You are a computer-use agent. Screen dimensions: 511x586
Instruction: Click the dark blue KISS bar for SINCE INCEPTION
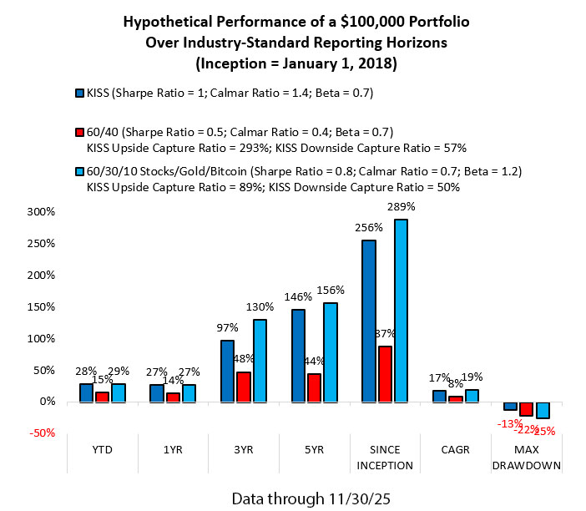(x=368, y=321)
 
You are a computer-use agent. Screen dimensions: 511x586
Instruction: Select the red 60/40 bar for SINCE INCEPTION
(x=385, y=374)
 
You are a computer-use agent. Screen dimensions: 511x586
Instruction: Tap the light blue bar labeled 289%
(x=401, y=311)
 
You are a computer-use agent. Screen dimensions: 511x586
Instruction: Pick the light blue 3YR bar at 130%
(x=260, y=361)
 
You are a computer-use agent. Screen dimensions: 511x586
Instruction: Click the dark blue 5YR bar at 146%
(x=297, y=356)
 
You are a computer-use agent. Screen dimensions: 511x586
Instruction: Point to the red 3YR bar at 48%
(x=243, y=387)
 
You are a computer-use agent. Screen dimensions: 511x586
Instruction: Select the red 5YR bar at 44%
(x=314, y=387)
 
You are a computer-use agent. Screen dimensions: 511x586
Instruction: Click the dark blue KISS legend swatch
(x=78, y=93)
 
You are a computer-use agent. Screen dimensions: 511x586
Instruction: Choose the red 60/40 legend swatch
(x=78, y=131)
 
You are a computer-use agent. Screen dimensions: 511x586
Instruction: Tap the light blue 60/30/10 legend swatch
(x=78, y=171)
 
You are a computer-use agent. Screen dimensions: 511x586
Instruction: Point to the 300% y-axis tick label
(x=40, y=211)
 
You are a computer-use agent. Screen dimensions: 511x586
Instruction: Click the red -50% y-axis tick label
(x=39, y=433)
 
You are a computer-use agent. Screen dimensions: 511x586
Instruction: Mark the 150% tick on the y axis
(x=40, y=306)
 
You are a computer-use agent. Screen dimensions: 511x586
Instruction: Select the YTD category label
(x=101, y=448)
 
